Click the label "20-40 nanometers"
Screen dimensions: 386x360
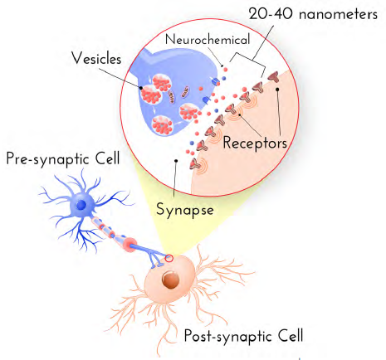coord(313,14)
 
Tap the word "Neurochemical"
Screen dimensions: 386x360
coord(208,39)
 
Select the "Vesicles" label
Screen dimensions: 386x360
coord(96,58)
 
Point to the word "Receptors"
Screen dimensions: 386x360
coord(255,143)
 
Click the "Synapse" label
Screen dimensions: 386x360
coord(185,210)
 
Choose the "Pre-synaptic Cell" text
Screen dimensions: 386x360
coord(63,158)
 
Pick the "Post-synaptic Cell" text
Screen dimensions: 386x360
coord(243,336)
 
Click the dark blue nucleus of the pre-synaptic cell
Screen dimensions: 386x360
coord(81,205)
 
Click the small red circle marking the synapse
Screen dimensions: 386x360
coord(169,259)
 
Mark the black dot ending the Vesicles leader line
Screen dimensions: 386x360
coord(141,88)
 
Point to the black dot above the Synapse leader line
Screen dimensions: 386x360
coord(176,161)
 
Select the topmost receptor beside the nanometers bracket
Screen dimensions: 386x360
coord(273,76)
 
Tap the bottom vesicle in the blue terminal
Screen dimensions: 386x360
coord(163,126)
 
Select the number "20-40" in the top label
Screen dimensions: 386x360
coord(271,14)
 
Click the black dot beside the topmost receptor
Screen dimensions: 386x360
coord(277,89)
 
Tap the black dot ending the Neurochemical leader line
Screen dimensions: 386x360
coord(222,66)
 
